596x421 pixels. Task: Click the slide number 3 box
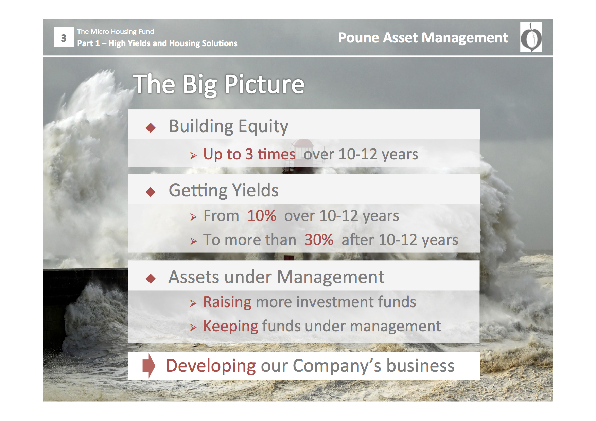[x=64, y=37]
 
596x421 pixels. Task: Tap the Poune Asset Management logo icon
[x=531, y=37]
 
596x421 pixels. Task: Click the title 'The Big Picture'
[x=218, y=85]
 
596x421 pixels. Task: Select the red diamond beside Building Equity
[x=151, y=128]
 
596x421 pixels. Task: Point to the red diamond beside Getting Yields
[x=151, y=192]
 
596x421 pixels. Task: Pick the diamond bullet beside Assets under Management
[x=151, y=279]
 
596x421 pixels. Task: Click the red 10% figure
[x=262, y=216]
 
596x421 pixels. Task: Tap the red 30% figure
[x=319, y=240]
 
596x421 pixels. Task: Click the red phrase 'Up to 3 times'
[x=249, y=155]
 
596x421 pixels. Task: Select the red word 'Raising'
[x=227, y=302]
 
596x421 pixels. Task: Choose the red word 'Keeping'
[x=231, y=327]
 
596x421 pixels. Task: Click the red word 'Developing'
[x=211, y=366]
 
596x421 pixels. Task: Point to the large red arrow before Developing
[x=149, y=366]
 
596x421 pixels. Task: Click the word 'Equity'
[x=263, y=127]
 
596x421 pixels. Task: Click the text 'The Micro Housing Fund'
[x=116, y=32]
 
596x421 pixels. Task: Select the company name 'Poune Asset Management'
[x=423, y=38]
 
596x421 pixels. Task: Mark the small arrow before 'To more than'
[x=194, y=241]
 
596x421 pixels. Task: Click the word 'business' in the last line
[x=420, y=366]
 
